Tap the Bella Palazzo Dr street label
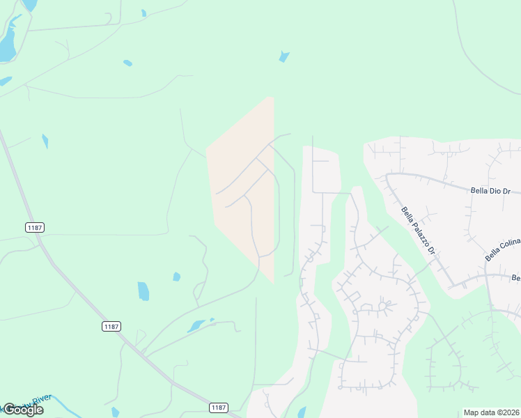pyautogui.click(x=418, y=230)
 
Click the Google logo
pyautogui.click(x=24, y=410)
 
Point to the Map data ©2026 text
pyautogui.click(x=491, y=412)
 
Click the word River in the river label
pyautogui.click(x=41, y=398)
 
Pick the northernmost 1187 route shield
pyautogui.click(x=34, y=227)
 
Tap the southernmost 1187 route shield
pyautogui.click(x=219, y=407)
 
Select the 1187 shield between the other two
pyautogui.click(x=111, y=326)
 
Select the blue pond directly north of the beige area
pyautogui.click(x=283, y=56)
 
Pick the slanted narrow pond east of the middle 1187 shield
pyautogui.click(x=197, y=325)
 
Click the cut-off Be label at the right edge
pyautogui.click(x=516, y=278)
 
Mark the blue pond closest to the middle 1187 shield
pyautogui.click(x=143, y=291)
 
